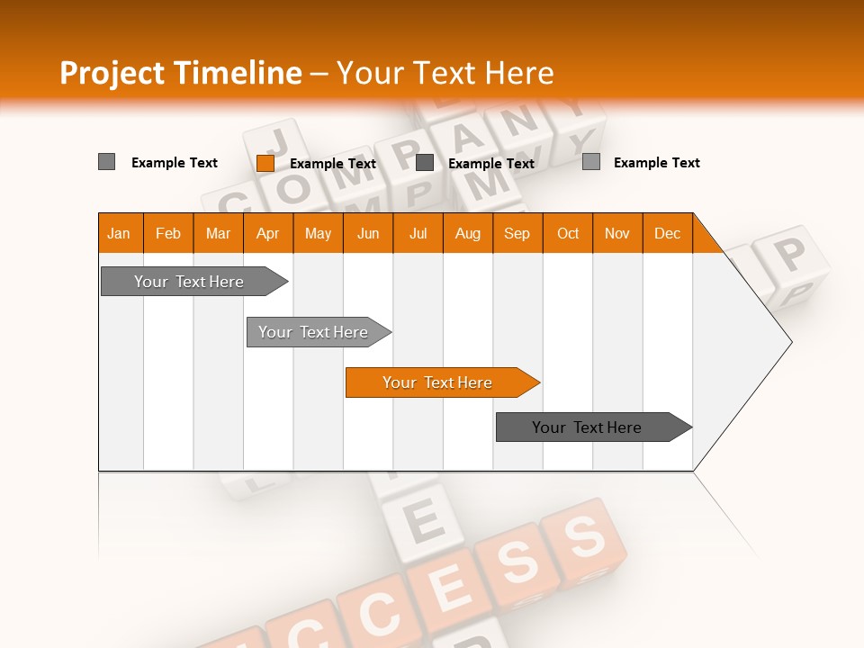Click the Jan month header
[119, 233]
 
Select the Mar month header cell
[218, 233]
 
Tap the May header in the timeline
[318, 233]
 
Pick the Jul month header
[418, 233]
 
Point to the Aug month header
[467, 233]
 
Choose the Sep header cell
[517, 233]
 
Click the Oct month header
[568, 233]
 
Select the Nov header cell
[617, 233]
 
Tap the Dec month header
[667, 233]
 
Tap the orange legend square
[265, 163]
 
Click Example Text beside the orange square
[333, 164]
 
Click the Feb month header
[168, 233]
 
